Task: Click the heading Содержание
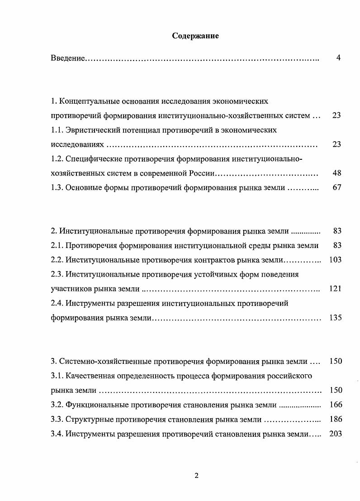coord(195,36)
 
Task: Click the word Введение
coord(67,58)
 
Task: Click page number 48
coord(336,173)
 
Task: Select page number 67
coord(336,187)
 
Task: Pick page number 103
coord(335,260)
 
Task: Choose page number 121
coord(335,289)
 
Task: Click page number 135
coord(335,318)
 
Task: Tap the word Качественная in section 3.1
coord(89,376)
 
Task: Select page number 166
coord(336,405)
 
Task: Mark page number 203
coord(336,434)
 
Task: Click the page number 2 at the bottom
coord(196,475)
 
